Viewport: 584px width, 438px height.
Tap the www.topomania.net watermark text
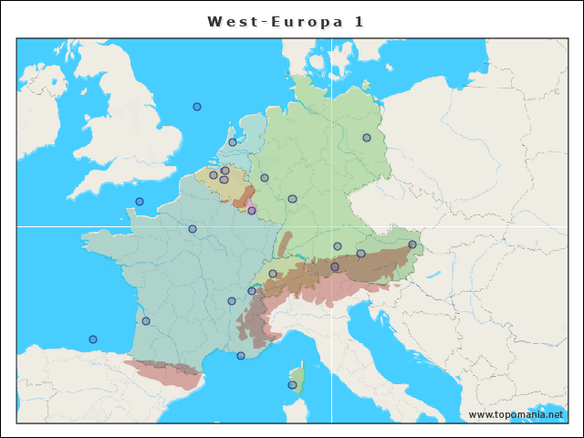(x=516, y=414)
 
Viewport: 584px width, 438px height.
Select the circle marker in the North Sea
(x=196, y=107)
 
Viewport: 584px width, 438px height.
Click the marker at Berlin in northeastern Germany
(x=366, y=138)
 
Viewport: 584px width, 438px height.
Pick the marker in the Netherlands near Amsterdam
(x=233, y=142)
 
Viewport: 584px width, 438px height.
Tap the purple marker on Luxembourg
(x=252, y=211)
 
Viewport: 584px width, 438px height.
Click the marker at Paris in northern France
(x=193, y=229)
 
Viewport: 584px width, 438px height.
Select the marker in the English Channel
(x=140, y=202)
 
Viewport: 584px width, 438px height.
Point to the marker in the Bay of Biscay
(x=92, y=339)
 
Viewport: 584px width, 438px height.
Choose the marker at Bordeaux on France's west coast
(x=146, y=321)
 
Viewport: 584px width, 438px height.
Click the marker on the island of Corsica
(x=292, y=385)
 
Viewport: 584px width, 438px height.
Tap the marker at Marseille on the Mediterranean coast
(x=241, y=356)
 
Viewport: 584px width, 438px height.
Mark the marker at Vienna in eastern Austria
(x=412, y=245)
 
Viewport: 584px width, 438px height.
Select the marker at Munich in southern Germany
(x=338, y=246)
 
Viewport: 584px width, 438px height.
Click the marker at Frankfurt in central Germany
(x=292, y=199)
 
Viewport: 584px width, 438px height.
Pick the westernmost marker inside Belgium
(x=214, y=175)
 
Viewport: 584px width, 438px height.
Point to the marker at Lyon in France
(x=232, y=301)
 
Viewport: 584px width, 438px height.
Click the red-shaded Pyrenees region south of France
(x=164, y=372)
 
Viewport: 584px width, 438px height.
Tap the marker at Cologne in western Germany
(x=265, y=178)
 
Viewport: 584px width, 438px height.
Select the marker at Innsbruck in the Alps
(x=335, y=266)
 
